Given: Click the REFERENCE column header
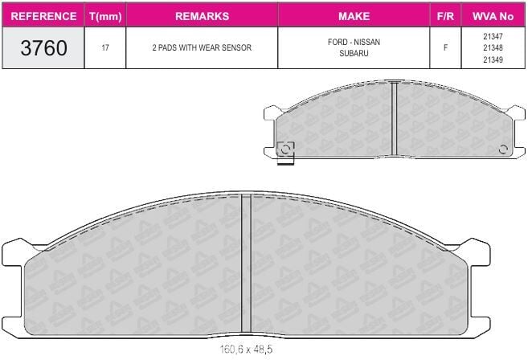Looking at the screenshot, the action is click(43, 16).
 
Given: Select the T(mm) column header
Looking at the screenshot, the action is click(105, 16).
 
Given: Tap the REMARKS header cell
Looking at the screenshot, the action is click(202, 16).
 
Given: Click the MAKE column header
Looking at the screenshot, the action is click(354, 16).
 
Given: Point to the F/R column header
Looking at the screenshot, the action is click(445, 16).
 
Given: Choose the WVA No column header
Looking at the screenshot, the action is click(493, 16).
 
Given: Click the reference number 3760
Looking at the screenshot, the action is click(43, 48).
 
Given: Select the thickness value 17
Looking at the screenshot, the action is click(105, 48).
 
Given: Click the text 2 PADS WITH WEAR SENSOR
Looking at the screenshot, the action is click(202, 48).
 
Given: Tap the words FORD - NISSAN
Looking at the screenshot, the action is click(354, 42).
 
